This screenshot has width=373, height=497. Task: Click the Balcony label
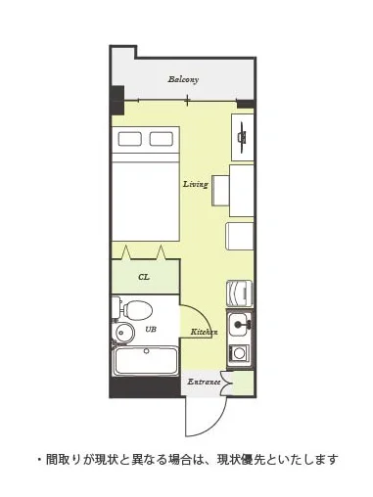pos(183,79)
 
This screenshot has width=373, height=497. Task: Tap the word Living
pos(196,184)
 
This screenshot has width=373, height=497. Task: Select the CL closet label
pos(144,277)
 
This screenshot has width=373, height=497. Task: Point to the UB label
pos(151,330)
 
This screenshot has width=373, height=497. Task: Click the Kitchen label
pos(204,332)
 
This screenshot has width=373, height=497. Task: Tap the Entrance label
pos(204,382)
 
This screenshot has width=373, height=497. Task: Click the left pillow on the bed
pos(129,139)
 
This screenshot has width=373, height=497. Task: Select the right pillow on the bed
pos(162,139)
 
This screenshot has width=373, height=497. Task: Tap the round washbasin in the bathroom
pos(124,333)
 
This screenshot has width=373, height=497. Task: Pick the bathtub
pos(145,362)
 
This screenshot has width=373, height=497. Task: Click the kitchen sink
pos(240,325)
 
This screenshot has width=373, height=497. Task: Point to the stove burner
pos(240,353)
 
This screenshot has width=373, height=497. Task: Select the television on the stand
pos(243,137)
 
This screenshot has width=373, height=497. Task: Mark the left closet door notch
pos(126,252)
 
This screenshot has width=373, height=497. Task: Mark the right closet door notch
pos(161,252)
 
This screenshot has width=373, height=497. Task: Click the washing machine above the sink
pos(240,294)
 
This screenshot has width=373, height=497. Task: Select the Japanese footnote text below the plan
pos(187,460)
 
